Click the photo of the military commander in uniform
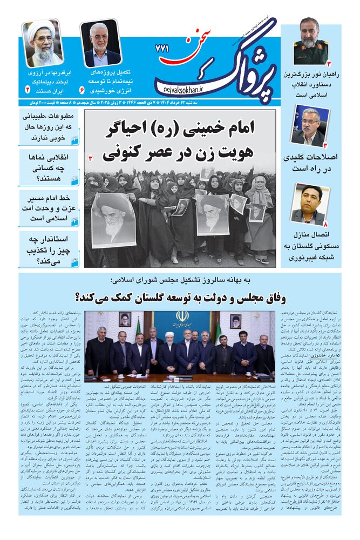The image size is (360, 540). click(311, 40)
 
